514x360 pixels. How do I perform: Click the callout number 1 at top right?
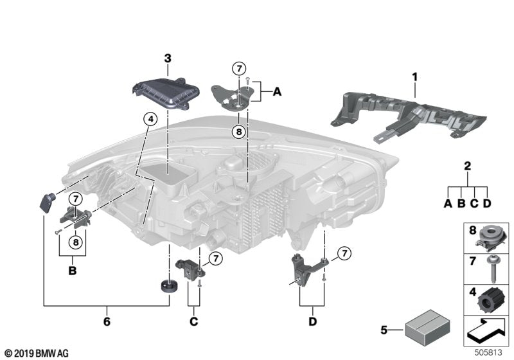click(x=414, y=77)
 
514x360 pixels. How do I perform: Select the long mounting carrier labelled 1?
click(x=411, y=116)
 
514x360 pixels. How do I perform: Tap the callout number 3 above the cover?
click(x=168, y=59)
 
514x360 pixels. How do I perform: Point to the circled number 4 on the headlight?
click(x=150, y=119)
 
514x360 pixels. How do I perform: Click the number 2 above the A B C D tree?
click(x=468, y=166)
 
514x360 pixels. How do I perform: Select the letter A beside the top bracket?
click(x=277, y=93)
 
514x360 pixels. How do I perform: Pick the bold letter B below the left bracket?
click(x=72, y=271)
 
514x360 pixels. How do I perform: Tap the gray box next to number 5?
click(x=423, y=330)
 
